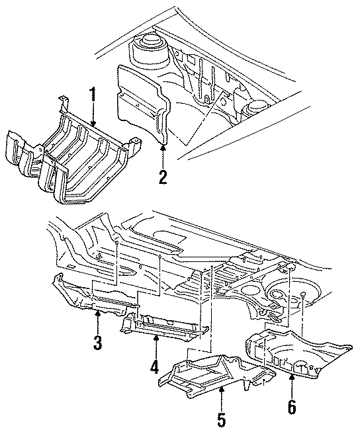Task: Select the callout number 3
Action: [x=97, y=343]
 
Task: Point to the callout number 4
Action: [x=154, y=365]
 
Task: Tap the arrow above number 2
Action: [x=163, y=153]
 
